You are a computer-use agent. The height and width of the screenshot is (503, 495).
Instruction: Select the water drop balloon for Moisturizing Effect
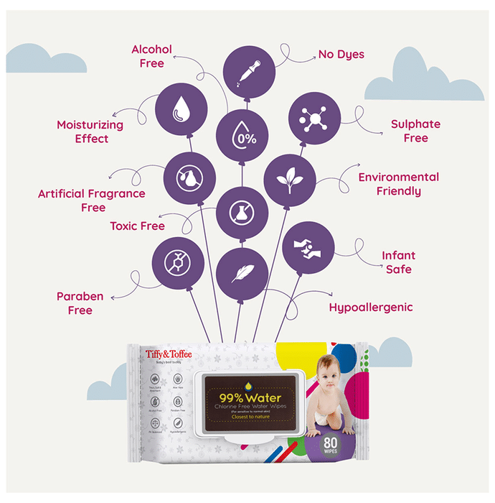point(181,110)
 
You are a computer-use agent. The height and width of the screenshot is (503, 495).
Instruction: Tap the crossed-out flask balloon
point(242,211)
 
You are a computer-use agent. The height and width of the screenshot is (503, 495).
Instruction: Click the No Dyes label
point(341,54)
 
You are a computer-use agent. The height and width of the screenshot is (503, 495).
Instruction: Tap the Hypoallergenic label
point(370,308)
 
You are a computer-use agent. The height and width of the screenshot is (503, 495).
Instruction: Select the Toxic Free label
point(137,226)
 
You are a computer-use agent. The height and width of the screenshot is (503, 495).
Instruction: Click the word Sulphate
point(415,124)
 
